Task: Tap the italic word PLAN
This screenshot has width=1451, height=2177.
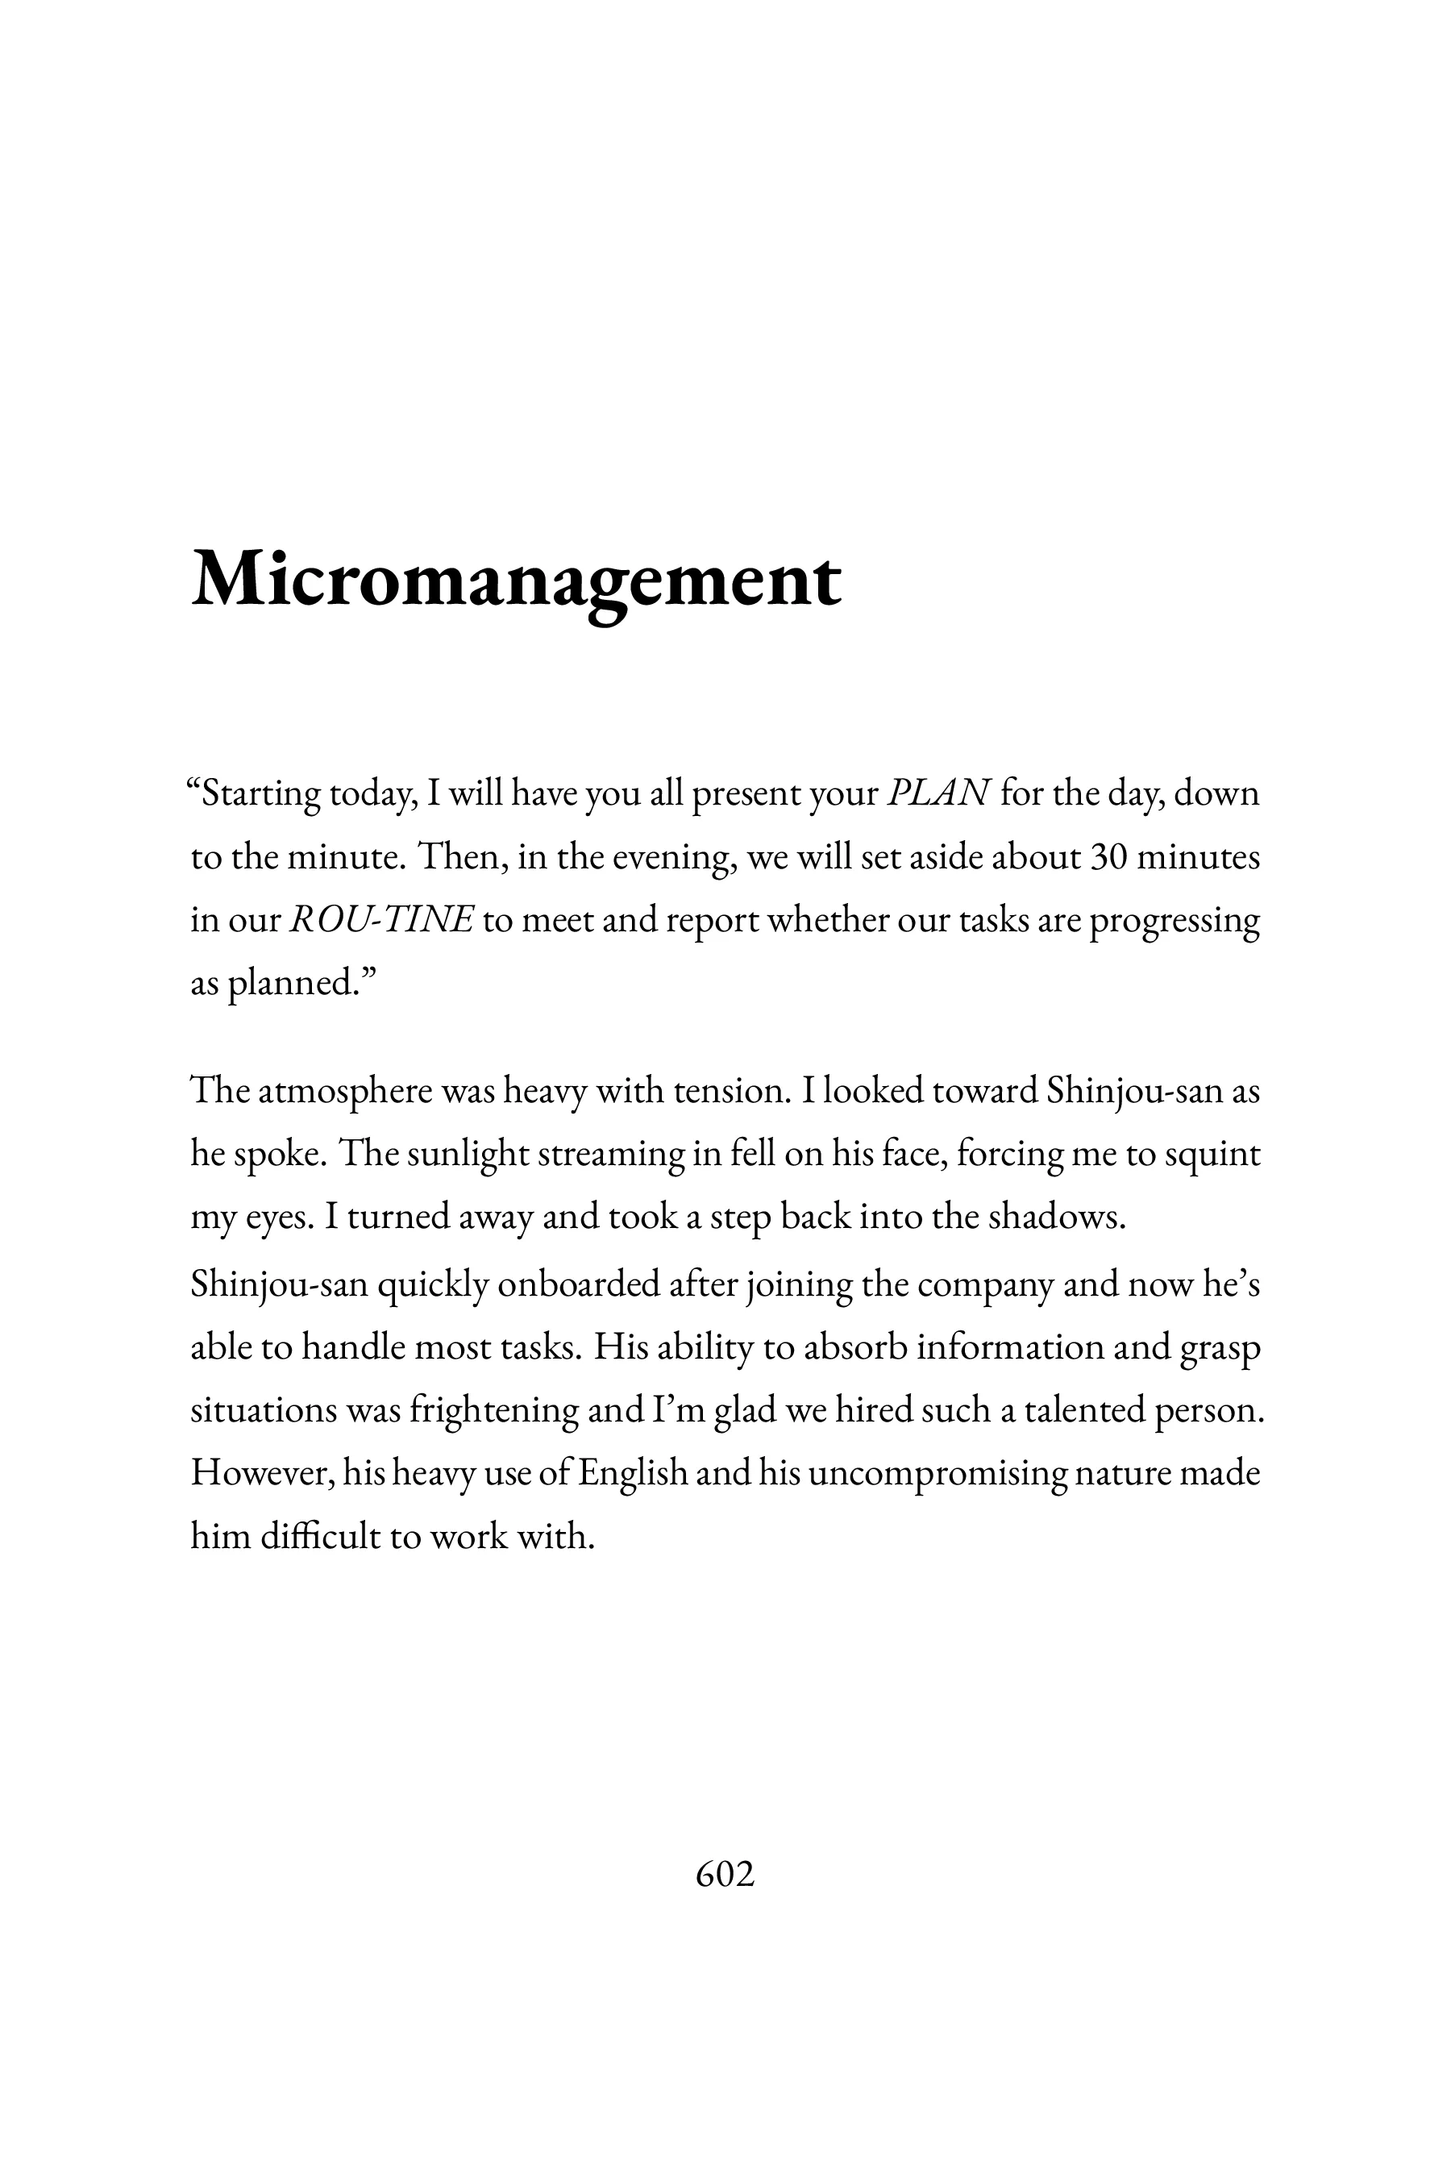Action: coord(938,794)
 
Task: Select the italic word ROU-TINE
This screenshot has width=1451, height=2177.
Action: coord(382,920)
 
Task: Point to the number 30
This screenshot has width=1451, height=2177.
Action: coord(1108,857)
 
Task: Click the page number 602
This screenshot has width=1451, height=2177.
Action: coord(725,1875)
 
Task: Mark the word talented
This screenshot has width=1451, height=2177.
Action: coord(1082,1409)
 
